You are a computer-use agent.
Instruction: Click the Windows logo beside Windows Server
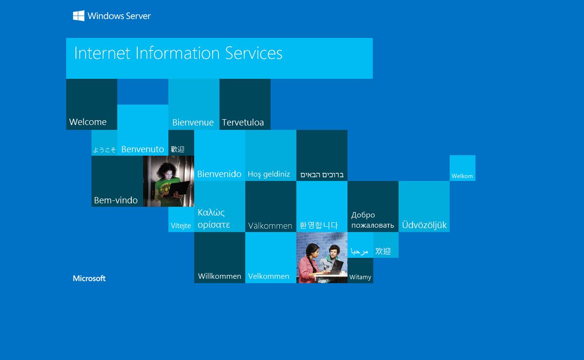tap(78, 16)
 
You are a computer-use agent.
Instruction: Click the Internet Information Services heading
tap(178, 53)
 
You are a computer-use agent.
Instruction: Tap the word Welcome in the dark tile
tap(88, 122)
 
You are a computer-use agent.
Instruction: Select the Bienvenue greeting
tap(193, 122)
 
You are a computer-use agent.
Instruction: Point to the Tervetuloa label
tap(243, 122)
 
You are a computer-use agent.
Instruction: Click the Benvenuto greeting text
tap(143, 149)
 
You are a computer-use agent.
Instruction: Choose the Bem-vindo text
tap(116, 200)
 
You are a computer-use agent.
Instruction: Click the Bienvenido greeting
tap(219, 174)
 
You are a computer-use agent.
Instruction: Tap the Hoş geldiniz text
tap(269, 174)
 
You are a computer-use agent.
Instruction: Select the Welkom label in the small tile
tap(462, 176)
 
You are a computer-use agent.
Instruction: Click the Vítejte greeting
tap(181, 226)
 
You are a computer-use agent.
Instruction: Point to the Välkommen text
tap(270, 226)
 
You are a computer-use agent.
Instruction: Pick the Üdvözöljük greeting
tap(424, 225)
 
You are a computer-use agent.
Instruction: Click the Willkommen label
tap(219, 276)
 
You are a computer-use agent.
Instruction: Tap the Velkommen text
tap(269, 276)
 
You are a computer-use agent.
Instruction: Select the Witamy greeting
tap(360, 277)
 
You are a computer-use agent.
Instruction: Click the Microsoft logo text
tap(89, 278)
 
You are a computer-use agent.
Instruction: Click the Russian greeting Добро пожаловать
tap(372, 220)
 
